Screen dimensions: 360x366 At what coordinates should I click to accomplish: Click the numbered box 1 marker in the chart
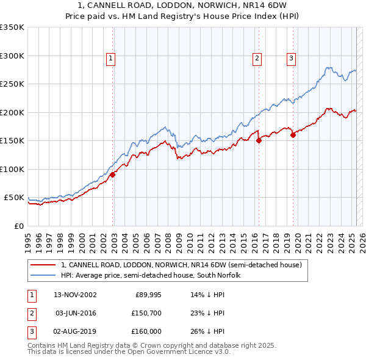(111, 59)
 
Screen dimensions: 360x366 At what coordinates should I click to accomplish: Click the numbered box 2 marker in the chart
(257, 59)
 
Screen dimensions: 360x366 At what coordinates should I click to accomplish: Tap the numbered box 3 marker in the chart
(292, 59)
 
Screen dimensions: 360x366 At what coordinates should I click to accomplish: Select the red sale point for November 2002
(113, 175)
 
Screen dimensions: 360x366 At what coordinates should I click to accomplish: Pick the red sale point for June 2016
(259, 140)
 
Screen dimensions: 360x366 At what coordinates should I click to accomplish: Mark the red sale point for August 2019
(293, 135)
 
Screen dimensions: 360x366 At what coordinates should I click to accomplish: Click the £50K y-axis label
(14, 198)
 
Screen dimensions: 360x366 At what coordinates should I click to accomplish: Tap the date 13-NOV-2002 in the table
(75, 295)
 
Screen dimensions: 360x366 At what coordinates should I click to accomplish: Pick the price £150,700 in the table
(147, 312)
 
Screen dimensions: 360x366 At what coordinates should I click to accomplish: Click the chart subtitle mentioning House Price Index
(183, 17)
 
